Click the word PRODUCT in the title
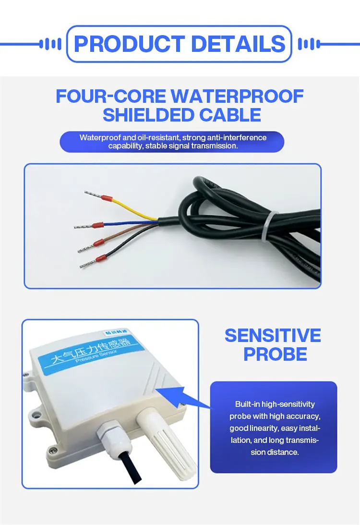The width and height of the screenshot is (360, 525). [129, 44]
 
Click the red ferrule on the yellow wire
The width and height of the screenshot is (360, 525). [108, 198]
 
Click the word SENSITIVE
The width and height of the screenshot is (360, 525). [273, 335]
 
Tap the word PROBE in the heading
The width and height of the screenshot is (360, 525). [275, 354]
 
